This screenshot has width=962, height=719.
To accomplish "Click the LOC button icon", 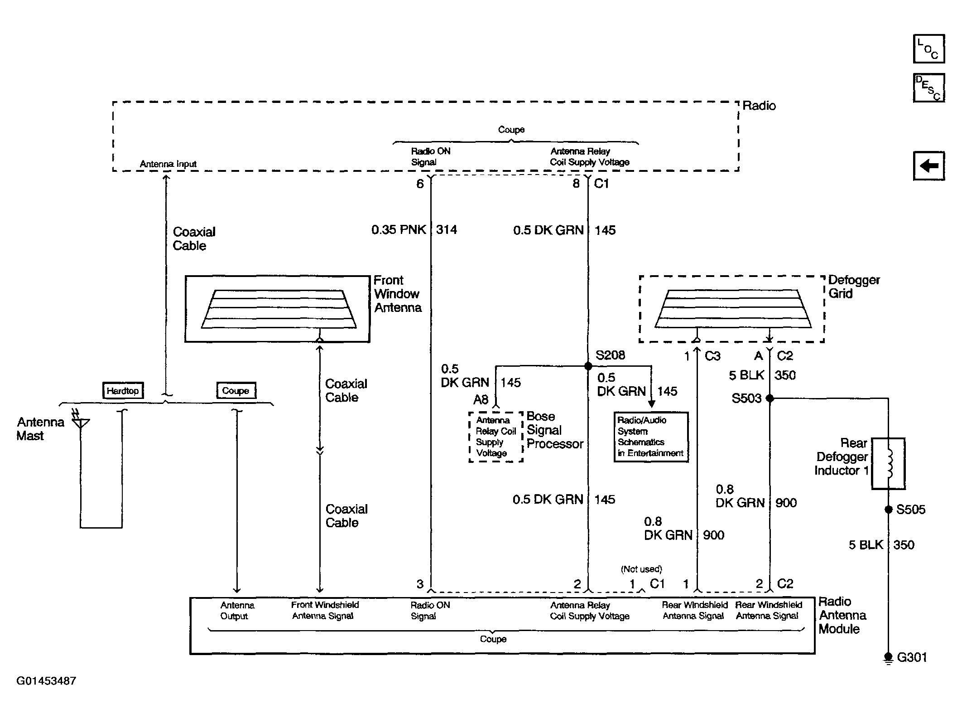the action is pos(929,49).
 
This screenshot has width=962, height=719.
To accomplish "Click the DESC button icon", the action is pos(929,87).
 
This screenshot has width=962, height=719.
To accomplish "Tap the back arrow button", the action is pos(929,165).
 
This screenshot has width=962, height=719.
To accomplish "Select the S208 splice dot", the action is pos(588,366).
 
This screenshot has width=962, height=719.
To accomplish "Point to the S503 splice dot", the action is pos(770,398).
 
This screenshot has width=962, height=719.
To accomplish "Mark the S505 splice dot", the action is pos(888,510).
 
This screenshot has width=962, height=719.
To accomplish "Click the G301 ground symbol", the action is pos(888,658).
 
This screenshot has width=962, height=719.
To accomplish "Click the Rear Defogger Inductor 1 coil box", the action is pos(889,463).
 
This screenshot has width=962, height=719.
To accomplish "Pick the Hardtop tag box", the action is pos(123,390).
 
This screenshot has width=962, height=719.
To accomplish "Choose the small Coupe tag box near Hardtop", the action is pos(236,390).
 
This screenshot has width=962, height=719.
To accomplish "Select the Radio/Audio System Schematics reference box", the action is pos(651,437).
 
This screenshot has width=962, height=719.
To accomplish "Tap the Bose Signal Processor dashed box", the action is pos(496,437).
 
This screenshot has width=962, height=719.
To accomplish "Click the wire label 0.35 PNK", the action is pos(399,230).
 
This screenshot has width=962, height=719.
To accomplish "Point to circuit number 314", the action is pos(447,230).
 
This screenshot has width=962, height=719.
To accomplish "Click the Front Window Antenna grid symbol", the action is pos(279,309).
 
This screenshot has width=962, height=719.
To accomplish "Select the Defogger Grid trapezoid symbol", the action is pos(733,309).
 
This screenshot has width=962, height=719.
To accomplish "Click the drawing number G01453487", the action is pos(46,681).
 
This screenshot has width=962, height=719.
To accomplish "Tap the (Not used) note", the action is pos(642,569).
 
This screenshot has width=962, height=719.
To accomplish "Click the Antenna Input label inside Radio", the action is pos(168,164).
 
